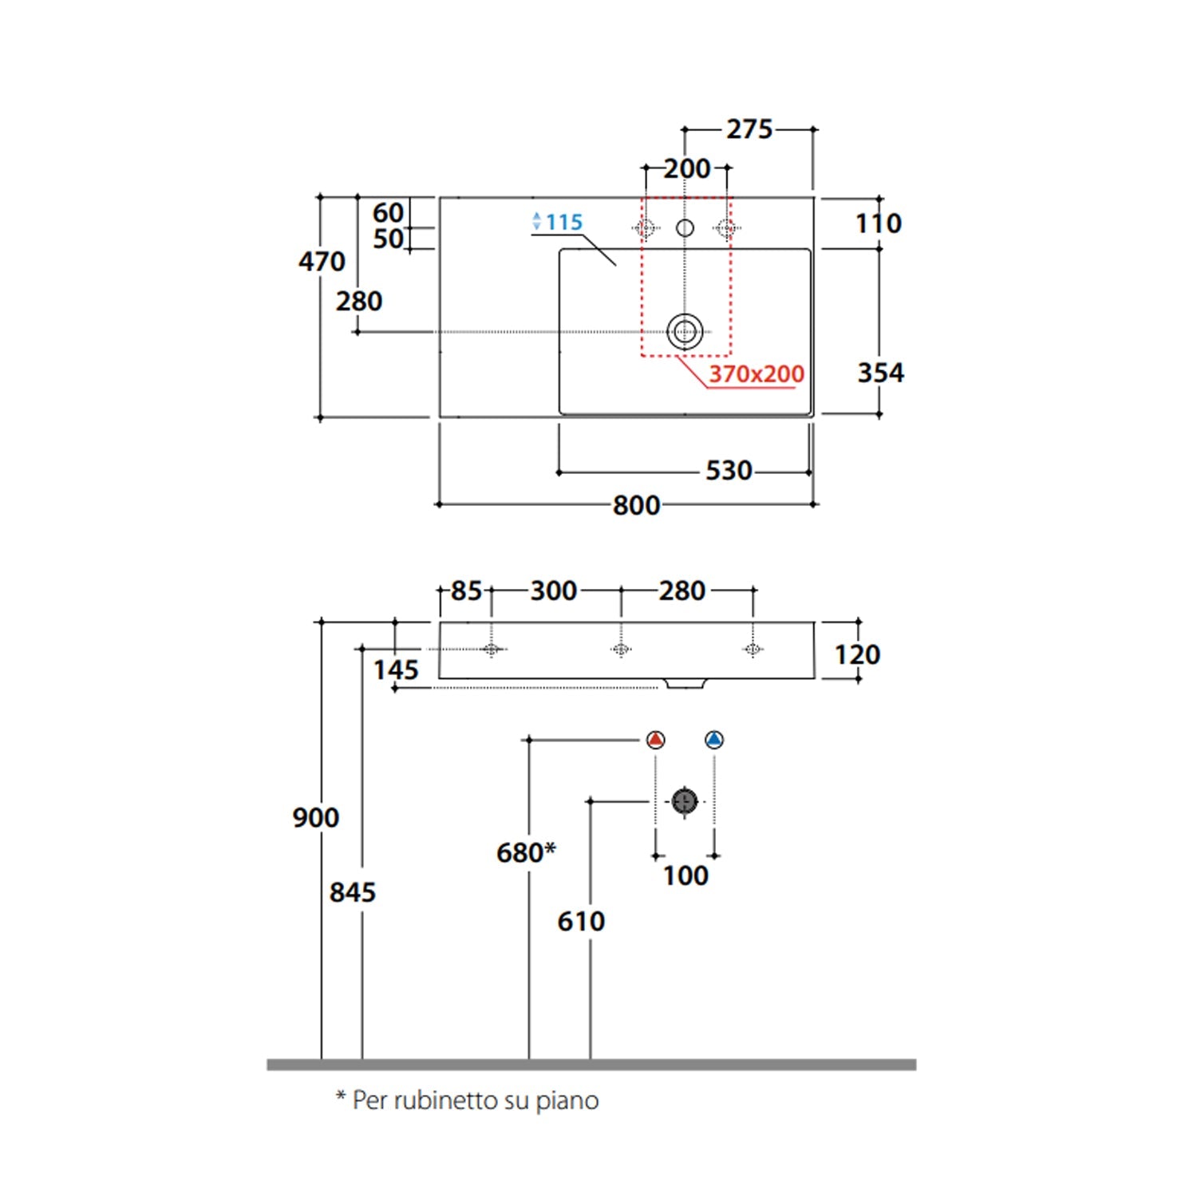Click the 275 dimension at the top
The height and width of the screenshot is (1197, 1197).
pos(749,129)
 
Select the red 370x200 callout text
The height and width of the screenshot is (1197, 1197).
pos(757,373)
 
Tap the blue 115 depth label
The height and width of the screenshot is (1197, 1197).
pos(564,223)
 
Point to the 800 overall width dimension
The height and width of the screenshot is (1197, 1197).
pos(636,505)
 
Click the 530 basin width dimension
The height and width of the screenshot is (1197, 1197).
pos(729,471)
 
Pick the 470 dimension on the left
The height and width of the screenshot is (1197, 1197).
pos(322,261)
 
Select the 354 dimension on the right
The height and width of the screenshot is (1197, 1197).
pos(880,373)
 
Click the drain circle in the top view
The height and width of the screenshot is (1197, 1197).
pos(685,331)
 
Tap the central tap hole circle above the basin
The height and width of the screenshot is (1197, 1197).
pos(685,228)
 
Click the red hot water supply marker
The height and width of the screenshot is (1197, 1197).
pos(655,740)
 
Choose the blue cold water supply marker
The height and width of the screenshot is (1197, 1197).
pos(714,740)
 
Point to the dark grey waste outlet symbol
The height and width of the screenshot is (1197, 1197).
pos(685,801)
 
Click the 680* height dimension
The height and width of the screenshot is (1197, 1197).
pos(526,852)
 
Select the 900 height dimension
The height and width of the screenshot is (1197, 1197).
pos(315,818)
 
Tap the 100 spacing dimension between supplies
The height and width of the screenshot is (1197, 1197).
pos(685,875)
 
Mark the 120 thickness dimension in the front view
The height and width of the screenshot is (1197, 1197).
pos(857,654)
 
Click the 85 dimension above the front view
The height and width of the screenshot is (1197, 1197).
pos(466,591)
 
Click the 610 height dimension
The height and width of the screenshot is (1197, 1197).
pos(581,922)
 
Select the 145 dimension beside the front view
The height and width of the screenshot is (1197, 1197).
pos(396,670)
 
